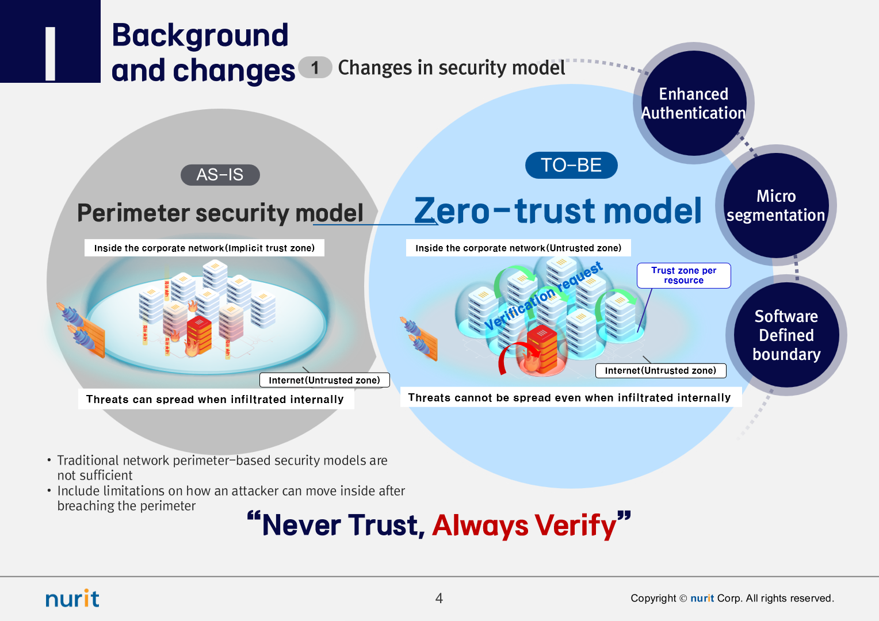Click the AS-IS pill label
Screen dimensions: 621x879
click(220, 175)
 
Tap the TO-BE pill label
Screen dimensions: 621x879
click(571, 166)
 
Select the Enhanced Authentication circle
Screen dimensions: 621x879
click(693, 103)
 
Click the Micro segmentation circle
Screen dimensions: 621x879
click(775, 206)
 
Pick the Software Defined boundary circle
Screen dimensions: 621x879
click(786, 335)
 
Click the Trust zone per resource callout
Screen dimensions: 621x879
click(683, 275)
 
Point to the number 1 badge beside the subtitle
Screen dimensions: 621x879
click(315, 68)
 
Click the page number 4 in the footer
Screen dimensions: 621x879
click(439, 599)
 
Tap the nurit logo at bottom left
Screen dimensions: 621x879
click(72, 599)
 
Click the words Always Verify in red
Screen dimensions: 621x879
click(524, 526)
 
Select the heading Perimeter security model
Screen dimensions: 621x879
click(220, 213)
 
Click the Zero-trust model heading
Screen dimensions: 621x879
click(557, 210)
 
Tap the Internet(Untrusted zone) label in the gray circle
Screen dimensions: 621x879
click(324, 380)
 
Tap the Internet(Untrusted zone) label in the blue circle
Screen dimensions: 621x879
click(660, 371)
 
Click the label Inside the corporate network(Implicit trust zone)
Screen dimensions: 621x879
click(204, 248)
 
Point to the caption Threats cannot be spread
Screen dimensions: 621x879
click(570, 397)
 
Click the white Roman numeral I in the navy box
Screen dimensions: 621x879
click(51, 54)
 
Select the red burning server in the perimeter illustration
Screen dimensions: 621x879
click(199, 335)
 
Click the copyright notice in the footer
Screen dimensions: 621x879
click(732, 599)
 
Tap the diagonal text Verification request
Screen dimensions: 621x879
click(543, 297)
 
